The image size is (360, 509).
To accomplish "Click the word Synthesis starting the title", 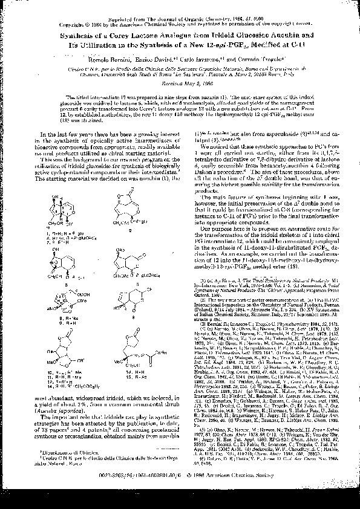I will (79, 36).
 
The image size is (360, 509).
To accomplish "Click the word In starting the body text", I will (43, 133).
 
